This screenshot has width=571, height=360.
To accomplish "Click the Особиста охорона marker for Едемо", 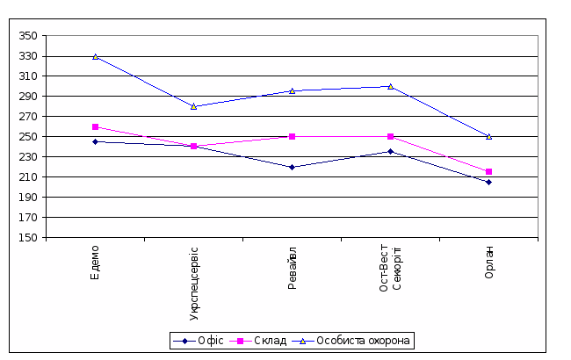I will (x=95, y=56).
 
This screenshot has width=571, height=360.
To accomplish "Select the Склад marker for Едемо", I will (x=95, y=126).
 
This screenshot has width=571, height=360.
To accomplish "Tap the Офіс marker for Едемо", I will (x=95, y=141).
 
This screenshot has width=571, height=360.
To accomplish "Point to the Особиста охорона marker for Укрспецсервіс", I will (x=193, y=106).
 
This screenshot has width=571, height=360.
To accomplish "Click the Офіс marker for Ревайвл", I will (x=292, y=167).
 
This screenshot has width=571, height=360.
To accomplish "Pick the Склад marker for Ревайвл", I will (x=292, y=136).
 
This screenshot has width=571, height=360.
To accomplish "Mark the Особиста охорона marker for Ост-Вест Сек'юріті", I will (x=390, y=86).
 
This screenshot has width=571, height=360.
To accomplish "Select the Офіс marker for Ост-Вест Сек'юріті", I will (x=390, y=152).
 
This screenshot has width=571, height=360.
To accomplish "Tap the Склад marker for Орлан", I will (x=488, y=171).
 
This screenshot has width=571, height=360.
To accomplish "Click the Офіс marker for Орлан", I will (x=488, y=182).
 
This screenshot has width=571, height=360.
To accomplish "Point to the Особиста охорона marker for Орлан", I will (x=488, y=136).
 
